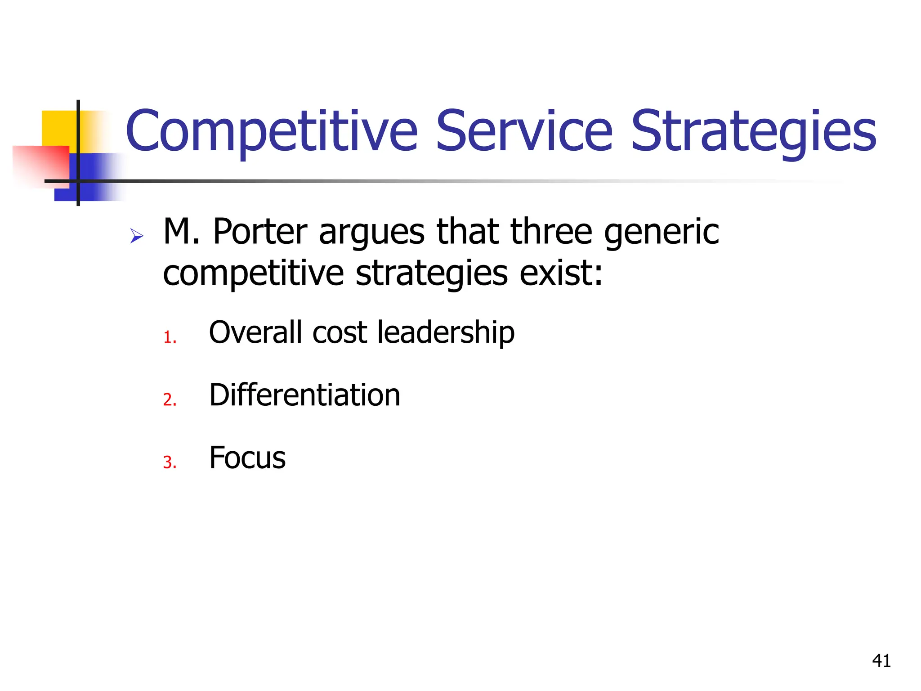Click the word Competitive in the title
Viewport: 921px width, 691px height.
pos(272,131)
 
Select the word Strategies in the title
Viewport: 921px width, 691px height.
pos(753,131)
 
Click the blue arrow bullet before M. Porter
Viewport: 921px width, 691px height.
pos(136,236)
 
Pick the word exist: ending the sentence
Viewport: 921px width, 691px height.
pos(561,274)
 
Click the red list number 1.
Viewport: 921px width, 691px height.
pos(170,337)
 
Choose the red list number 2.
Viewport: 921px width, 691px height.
pos(170,400)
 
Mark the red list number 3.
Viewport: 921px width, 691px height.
pos(170,462)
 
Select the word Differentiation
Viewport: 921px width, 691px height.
pos(304,395)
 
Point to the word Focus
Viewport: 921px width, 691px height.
pos(247,458)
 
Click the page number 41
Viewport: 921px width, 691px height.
pos(881,661)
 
